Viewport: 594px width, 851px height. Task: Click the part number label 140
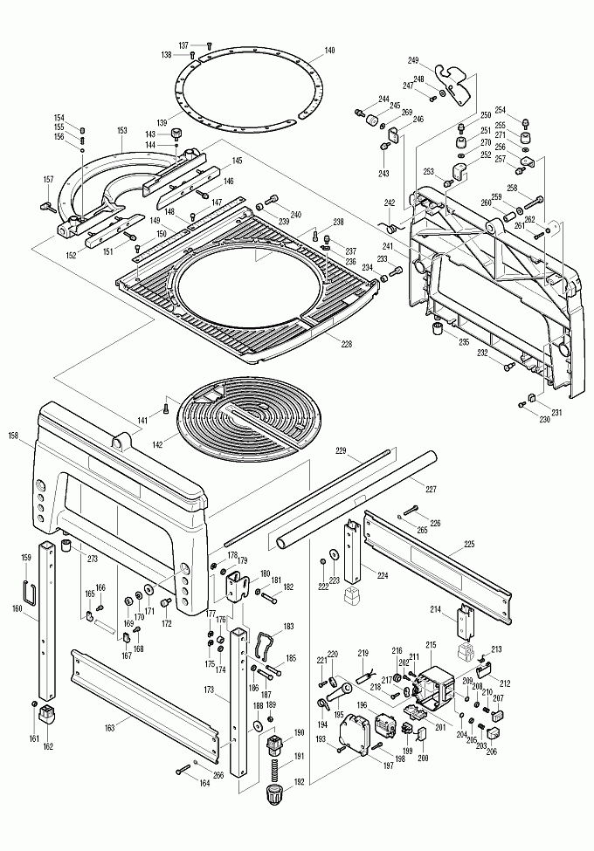pyautogui.click(x=328, y=51)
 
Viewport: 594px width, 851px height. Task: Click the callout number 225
pyautogui.click(x=469, y=544)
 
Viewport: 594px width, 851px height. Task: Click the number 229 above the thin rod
pyautogui.click(x=342, y=451)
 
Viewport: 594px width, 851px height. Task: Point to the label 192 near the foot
pyautogui.click(x=299, y=783)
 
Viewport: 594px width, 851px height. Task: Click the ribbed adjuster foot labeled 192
pyautogui.click(x=274, y=796)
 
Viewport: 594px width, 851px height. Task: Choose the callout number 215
pyautogui.click(x=431, y=645)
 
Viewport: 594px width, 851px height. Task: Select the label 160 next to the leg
pyautogui.click(x=17, y=608)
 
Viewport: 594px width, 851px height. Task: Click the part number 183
pyautogui.click(x=288, y=627)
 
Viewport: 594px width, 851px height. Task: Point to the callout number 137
pyautogui.click(x=184, y=45)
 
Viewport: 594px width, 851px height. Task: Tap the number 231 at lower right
pyautogui.click(x=556, y=411)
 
